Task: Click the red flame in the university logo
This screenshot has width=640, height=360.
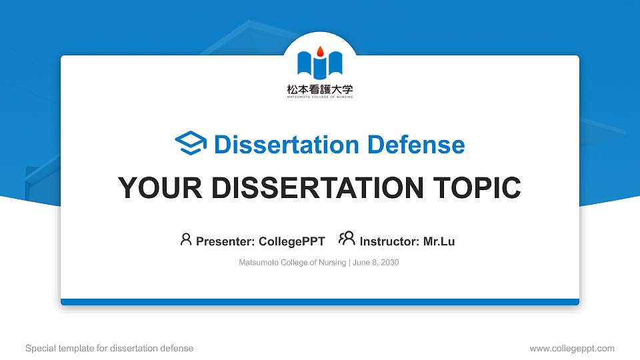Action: pos(320,51)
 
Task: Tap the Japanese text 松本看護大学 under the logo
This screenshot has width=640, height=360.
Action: pos(320,88)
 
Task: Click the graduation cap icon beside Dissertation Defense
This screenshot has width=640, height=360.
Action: pos(191,144)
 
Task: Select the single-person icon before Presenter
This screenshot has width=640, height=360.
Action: pos(186,239)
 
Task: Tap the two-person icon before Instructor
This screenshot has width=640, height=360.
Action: pos(347,239)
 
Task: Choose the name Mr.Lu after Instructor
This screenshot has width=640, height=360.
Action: pos(439,241)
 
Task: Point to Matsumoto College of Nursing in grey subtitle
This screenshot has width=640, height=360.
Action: pos(292,263)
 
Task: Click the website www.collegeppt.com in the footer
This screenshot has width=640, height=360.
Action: pos(571,348)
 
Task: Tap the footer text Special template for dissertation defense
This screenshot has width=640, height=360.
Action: pos(109,348)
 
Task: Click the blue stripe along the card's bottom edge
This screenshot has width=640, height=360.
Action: pos(320,302)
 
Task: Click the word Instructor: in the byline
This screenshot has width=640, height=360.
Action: pos(389,241)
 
